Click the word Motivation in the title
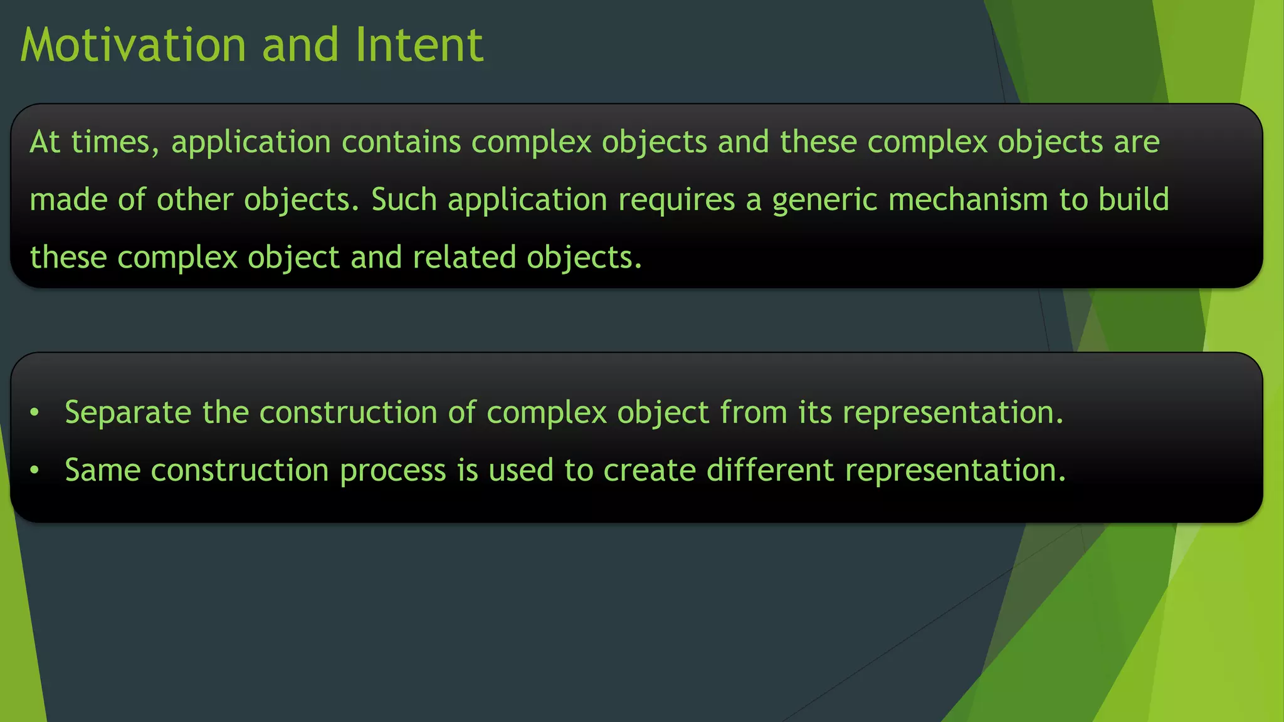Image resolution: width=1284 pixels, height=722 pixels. click(x=134, y=45)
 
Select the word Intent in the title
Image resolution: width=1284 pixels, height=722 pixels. click(x=419, y=45)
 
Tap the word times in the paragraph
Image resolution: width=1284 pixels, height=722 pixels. click(x=115, y=142)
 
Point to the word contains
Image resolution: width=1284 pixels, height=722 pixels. click(x=401, y=142)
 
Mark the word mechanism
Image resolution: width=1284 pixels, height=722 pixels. click(x=968, y=200)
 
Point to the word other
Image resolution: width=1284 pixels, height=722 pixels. click(x=194, y=200)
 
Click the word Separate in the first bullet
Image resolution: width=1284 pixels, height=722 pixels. click(x=128, y=413)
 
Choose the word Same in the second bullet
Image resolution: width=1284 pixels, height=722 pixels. click(x=102, y=471)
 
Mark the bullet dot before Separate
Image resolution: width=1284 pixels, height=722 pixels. click(x=35, y=413)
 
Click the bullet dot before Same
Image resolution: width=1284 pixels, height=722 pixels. click(x=35, y=470)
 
